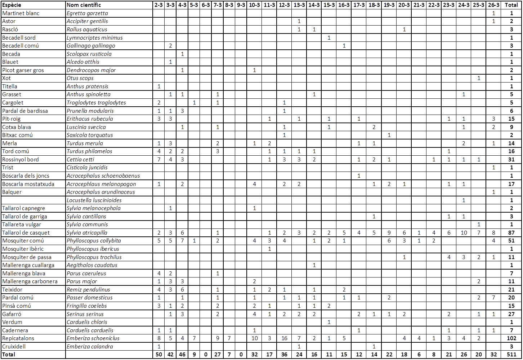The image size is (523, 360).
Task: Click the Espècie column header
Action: point(12,5)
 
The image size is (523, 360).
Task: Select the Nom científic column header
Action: point(84,5)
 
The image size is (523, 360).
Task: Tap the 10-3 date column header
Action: point(254,5)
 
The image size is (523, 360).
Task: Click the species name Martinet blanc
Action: point(21,13)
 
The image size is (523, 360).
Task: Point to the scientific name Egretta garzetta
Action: point(87,13)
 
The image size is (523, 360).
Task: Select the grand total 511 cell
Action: point(511,355)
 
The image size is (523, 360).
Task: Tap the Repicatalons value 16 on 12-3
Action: point(284,338)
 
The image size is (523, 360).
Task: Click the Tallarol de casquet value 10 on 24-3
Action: point(464,233)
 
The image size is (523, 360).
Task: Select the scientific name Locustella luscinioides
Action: point(94,200)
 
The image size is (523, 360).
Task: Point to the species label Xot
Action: point(6,78)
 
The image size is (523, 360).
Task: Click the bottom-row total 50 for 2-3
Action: point(159,355)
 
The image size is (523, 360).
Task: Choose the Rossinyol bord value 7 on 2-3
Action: point(159,160)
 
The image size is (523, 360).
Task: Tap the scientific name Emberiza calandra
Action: point(90,347)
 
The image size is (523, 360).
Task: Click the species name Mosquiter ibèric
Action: point(23,249)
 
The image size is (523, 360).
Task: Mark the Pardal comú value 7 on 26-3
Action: point(493,298)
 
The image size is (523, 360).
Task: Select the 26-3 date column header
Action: point(493,5)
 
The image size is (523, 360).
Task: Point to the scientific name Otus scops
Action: point(80,78)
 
